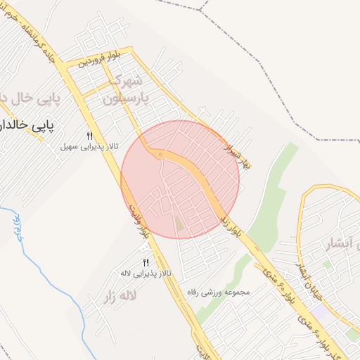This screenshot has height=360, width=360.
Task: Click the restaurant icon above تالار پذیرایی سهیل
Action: [x=89, y=136]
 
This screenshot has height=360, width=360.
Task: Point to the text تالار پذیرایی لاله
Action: [x=146, y=272]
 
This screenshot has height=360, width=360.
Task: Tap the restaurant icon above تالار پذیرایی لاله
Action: [x=146, y=262]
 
